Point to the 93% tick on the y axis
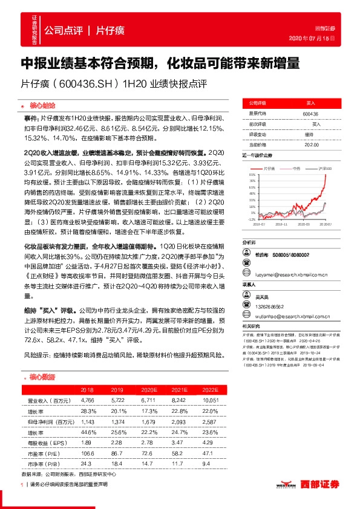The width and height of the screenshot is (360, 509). tap(252, 174)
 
